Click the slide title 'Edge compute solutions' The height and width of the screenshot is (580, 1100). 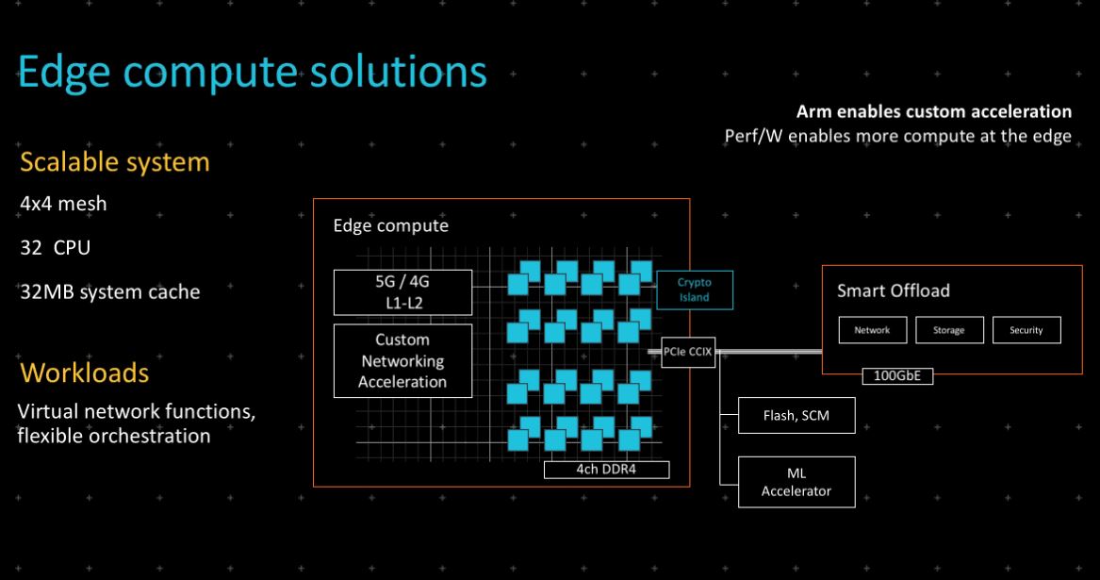(x=252, y=73)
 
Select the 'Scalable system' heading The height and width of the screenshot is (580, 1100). (x=114, y=162)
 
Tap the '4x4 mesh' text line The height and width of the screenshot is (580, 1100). (x=63, y=204)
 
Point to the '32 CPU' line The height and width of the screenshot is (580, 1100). (x=56, y=247)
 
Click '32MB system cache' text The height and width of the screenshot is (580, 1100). (x=110, y=291)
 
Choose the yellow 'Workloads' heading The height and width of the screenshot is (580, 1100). (x=84, y=373)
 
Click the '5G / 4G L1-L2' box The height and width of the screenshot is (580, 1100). (x=402, y=292)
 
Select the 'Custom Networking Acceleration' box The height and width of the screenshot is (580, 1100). (x=402, y=361)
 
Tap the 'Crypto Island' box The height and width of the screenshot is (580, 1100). (x=695, y=290)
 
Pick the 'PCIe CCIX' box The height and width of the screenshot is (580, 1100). (x=688, y=352)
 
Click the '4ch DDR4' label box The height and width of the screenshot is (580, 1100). (x=606, y=469)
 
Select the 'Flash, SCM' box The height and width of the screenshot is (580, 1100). (x=796, y=415)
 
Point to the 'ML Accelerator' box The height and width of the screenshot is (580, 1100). (x=796, y=482)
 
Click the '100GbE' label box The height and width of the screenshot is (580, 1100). (x=897, y=375)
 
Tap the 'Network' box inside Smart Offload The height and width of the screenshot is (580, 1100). (x=872, y=330)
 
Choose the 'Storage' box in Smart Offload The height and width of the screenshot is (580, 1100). (x=949, y=330)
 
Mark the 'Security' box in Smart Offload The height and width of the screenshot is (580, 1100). (x=1026, y=330)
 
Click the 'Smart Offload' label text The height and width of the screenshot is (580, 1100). (x=893, y=290)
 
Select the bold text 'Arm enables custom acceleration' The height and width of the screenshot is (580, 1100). (x=934, y=111)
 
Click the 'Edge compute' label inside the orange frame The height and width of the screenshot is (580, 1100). (x=391, y=225)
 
